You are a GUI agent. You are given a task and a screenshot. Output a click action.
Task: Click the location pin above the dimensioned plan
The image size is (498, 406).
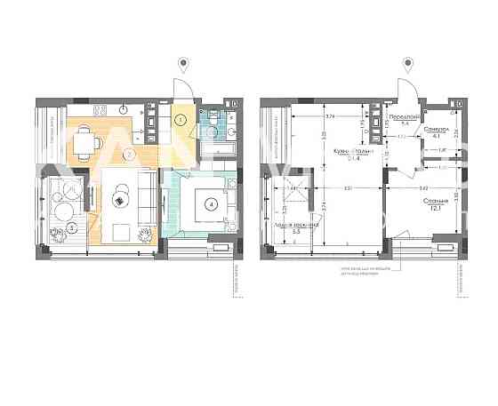point(408,65)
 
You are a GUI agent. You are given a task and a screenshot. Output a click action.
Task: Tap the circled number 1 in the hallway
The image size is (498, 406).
point(180,118)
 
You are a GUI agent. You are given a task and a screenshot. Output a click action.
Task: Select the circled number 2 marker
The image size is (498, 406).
point(129,154)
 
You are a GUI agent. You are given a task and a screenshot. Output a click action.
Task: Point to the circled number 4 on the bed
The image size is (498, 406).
point(211,203)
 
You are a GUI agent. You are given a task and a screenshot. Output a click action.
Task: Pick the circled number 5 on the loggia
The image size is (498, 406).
point(70,227)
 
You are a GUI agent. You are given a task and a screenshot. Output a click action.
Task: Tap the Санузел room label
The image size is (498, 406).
point(434,129)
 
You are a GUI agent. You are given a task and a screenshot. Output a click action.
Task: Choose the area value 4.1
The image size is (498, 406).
point(434,137)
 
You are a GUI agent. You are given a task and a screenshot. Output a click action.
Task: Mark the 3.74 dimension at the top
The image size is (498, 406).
point(330,116)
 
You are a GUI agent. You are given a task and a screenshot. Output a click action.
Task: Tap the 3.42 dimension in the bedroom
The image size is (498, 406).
point(423,189)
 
